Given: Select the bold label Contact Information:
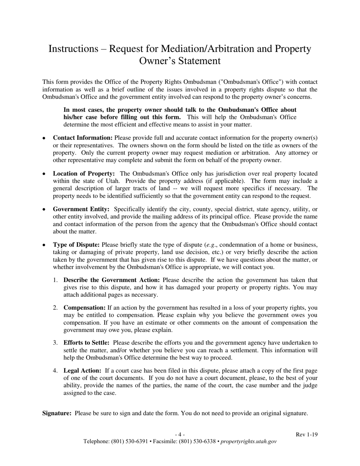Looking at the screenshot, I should point(83,138).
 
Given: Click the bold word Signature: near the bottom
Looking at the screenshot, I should point(57,413).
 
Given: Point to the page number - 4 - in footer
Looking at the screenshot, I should point(180,435).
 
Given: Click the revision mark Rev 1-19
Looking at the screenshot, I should point(307,435).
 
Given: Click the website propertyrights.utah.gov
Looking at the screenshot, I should point(249,442).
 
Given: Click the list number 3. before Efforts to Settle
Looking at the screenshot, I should point(55,343).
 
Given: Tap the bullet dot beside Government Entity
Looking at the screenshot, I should point(44,210).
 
